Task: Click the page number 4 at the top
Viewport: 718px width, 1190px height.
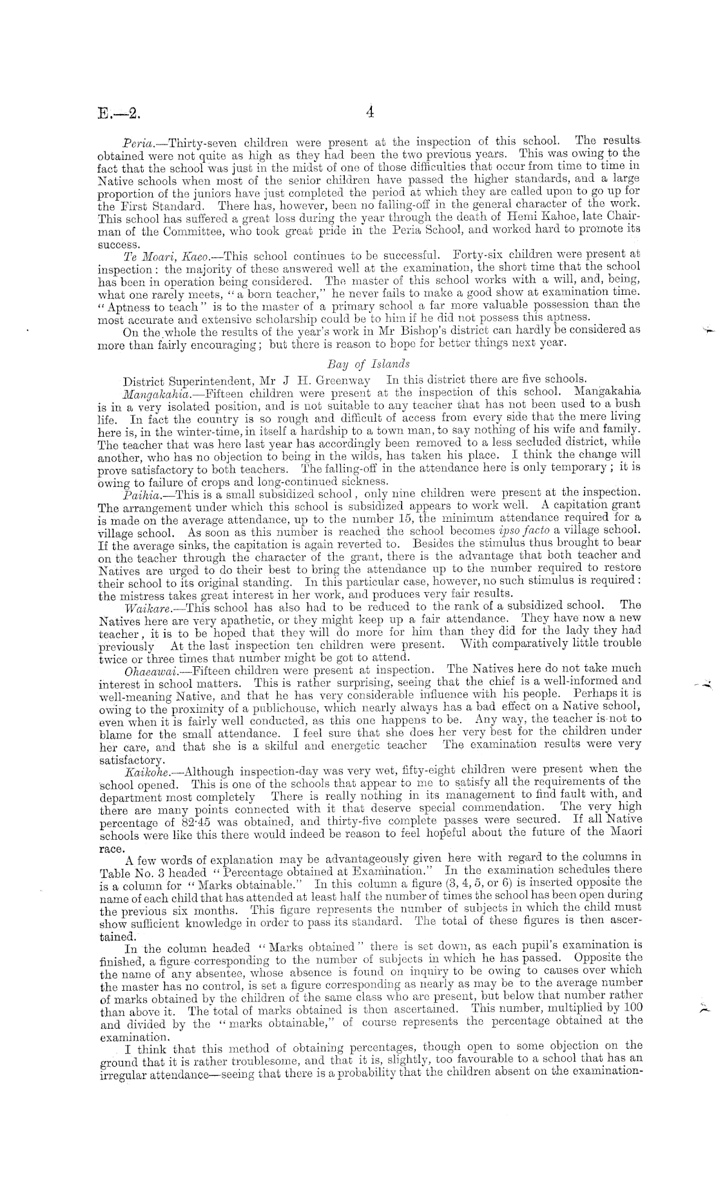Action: (370, 112)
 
